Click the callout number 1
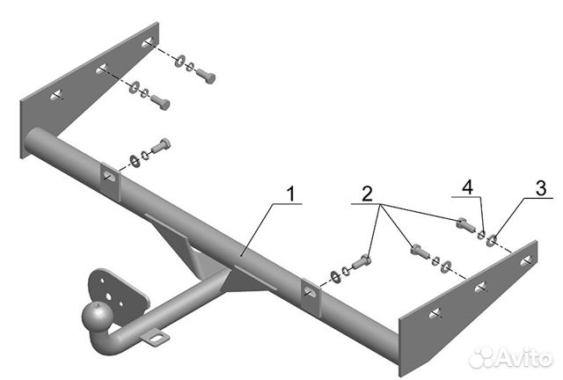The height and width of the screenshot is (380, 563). click(x=291, y=194)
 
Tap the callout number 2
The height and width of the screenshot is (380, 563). click(x=367, y=194)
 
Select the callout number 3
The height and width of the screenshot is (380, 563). click(x=541, y=188)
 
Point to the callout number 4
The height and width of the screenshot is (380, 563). click(x=467, y=188)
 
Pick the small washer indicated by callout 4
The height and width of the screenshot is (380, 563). click(x=481, y=235)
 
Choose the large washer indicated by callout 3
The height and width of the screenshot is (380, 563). click(x=491, y=240)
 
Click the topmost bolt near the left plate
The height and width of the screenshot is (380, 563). click(x=206, y=76)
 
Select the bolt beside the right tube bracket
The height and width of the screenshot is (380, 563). click(x=362, y=262)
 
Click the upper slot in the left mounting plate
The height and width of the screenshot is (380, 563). click(x=148, y=42)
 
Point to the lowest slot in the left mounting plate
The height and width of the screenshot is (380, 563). click(x=56, y=95)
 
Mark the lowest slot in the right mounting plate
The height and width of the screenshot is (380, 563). click(x=435, y=313)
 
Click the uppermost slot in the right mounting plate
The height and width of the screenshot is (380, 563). click(x=526, y=261)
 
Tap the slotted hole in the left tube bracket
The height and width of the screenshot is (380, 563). click(x=108, y=175)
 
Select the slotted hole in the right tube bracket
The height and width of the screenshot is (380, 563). click(x=310, y=291)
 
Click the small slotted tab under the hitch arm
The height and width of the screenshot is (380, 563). click(x=156, y=338)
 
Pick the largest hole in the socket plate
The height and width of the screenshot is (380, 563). click(x=108, y=296)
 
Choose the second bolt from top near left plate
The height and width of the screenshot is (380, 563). click(x=160, y=102)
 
